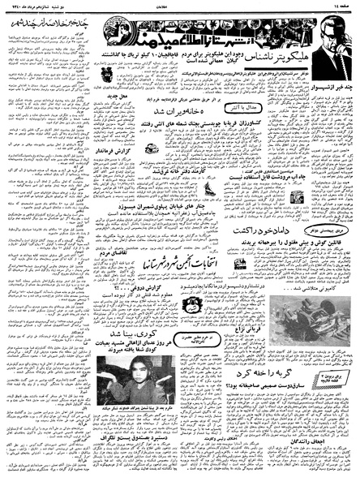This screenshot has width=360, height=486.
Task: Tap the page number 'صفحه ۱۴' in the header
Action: [x=341, y=6]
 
